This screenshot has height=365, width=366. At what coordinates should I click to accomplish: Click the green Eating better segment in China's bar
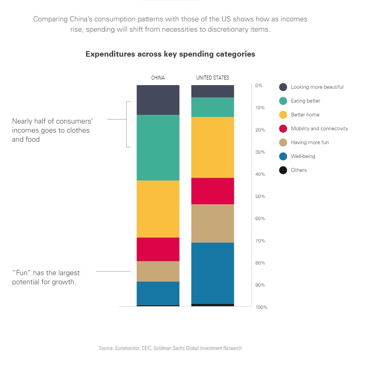158,148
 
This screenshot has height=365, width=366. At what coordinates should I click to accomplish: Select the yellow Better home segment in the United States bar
212,147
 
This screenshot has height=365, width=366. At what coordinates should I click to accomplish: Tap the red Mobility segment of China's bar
158,249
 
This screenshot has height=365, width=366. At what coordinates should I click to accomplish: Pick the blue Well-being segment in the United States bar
212,273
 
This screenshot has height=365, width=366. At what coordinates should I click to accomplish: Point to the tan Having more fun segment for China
158,271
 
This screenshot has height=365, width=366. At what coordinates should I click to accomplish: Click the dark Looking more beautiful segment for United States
212,91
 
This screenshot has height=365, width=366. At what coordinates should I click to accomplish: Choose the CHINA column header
158,78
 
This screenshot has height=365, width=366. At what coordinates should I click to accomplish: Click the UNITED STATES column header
212,78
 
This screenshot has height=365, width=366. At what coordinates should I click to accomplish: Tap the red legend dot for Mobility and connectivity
283,129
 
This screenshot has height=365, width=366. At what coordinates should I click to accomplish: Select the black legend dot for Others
283,170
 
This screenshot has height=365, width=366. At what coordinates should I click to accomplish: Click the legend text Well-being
303,156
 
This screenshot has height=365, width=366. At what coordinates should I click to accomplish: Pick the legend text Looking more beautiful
317,87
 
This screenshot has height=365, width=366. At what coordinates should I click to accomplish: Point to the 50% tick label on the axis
260,196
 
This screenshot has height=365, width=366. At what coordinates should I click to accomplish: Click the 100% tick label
261,307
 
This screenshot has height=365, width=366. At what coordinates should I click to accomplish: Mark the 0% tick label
259,86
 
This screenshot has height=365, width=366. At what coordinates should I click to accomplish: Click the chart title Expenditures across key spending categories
170,54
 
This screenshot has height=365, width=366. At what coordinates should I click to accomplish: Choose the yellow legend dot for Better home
283,115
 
